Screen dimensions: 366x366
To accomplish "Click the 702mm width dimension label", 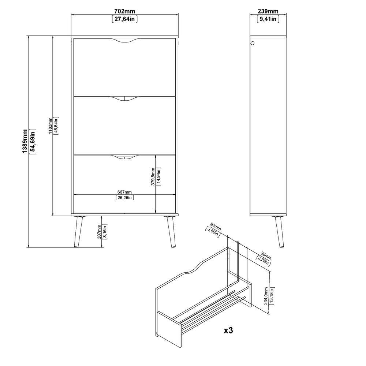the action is [x=125, y=11].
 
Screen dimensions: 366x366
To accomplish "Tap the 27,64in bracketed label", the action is [x=125, y=19].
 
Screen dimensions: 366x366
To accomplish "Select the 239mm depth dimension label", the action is [x=268, y=11].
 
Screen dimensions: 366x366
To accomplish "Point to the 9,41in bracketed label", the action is [x=268, y=19].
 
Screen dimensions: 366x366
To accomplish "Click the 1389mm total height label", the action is [x=25, y=141].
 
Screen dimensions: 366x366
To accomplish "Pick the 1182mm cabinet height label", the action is [x=50, y=126].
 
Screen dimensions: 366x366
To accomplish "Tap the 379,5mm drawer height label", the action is [x=153, y=176].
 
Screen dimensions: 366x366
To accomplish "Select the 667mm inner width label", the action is [x=124, y=192].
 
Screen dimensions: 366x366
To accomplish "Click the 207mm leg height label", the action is [x=99, y=232].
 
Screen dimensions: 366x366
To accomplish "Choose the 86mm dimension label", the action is [x=266, y=255].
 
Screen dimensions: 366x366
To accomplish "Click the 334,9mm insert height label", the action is [x=266, y=296].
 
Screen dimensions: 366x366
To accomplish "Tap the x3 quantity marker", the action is [x=228, y=330].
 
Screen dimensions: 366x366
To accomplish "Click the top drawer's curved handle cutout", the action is [x=125, y=42].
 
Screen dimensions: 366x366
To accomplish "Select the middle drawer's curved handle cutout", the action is [x=125, y=100].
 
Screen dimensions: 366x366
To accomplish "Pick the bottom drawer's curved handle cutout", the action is [x=125, y=158].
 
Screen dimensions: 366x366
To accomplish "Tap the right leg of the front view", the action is [x=171, y=232].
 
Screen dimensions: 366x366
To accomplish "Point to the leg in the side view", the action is [x=279, y=232].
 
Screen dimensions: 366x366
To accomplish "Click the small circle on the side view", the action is [x=252, y=43].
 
